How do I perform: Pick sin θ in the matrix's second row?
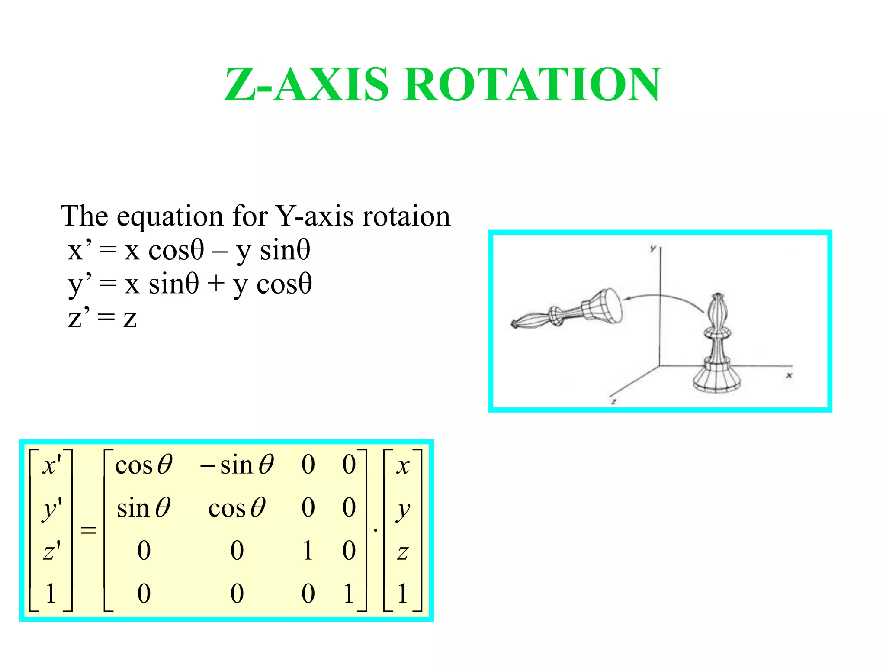144,508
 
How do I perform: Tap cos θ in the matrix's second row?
237,508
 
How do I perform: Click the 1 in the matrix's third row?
308,551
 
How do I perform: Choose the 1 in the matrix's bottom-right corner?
349,593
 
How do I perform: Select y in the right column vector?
403,510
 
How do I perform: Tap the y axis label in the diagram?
652,249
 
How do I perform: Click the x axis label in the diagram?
789,375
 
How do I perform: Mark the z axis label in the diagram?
613,401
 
